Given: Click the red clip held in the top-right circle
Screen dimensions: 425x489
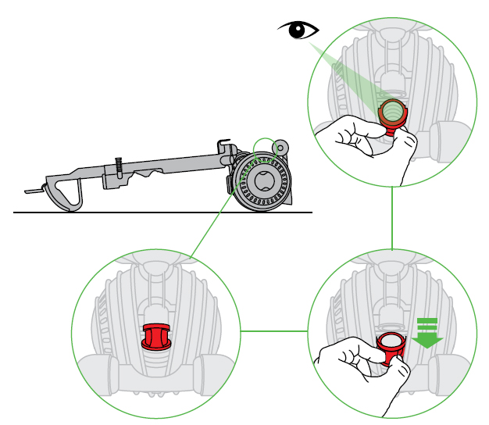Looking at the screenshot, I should click(391, 114).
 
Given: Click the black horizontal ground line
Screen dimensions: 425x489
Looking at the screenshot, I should click(156, 212).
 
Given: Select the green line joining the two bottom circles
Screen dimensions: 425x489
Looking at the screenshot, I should click(273, 331).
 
